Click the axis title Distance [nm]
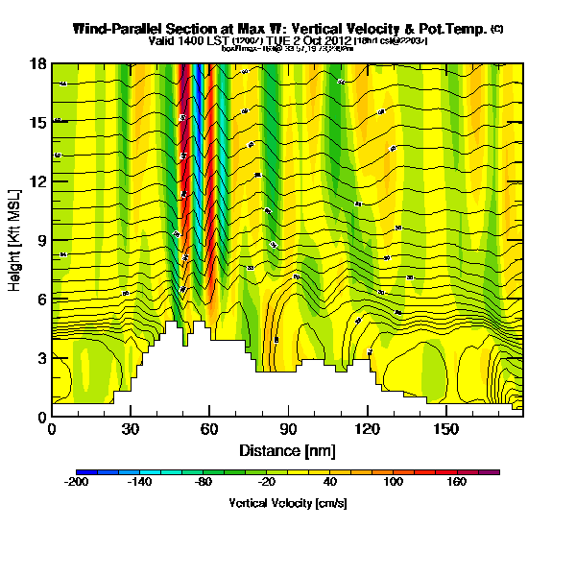click(287, 449)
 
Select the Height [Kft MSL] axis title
click(16, 240)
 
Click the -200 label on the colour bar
click(77, 484)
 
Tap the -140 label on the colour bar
click(140, 484)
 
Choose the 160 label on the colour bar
click(457, 484)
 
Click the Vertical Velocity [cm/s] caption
click(287, 502)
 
